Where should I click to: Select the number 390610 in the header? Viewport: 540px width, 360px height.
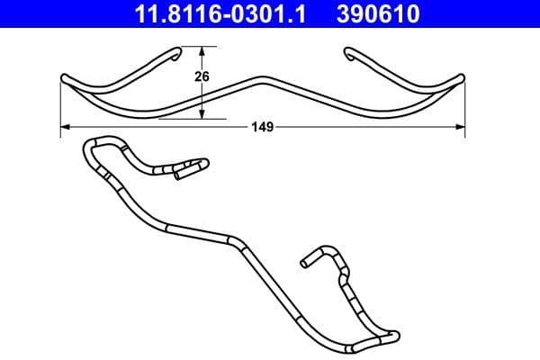[379, 14]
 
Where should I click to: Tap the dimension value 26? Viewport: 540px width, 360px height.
[202, 77]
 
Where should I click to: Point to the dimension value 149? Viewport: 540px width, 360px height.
[262, 128]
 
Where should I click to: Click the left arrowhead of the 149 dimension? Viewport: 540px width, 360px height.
[66, 128]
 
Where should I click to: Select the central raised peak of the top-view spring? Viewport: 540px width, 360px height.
[262, 79]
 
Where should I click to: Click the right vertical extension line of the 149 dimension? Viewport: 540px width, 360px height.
[466, 108]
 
